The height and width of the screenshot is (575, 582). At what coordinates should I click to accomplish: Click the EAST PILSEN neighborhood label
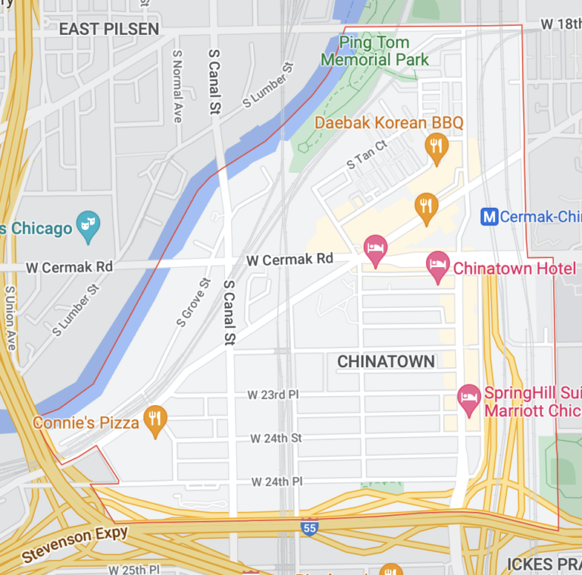click(109, 30)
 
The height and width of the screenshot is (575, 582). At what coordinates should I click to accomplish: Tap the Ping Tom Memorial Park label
click(374, 52)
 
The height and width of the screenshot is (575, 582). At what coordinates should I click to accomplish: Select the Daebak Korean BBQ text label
click(389, 122)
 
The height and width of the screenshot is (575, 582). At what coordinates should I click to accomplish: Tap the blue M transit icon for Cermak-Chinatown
click(490, 217)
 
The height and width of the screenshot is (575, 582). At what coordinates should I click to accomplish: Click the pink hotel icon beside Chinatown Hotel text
click(437, 267)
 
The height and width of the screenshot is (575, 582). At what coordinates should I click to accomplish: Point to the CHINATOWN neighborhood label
click(386, 362)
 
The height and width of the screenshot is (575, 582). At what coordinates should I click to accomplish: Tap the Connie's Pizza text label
click(86, 423)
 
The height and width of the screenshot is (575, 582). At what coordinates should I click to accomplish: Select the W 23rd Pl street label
click(274, 395)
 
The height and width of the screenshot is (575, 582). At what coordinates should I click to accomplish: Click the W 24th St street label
click(276, 438)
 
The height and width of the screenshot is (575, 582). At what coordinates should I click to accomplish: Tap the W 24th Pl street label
click(277, 482)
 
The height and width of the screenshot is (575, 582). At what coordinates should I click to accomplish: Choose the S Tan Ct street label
click(367, 153)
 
